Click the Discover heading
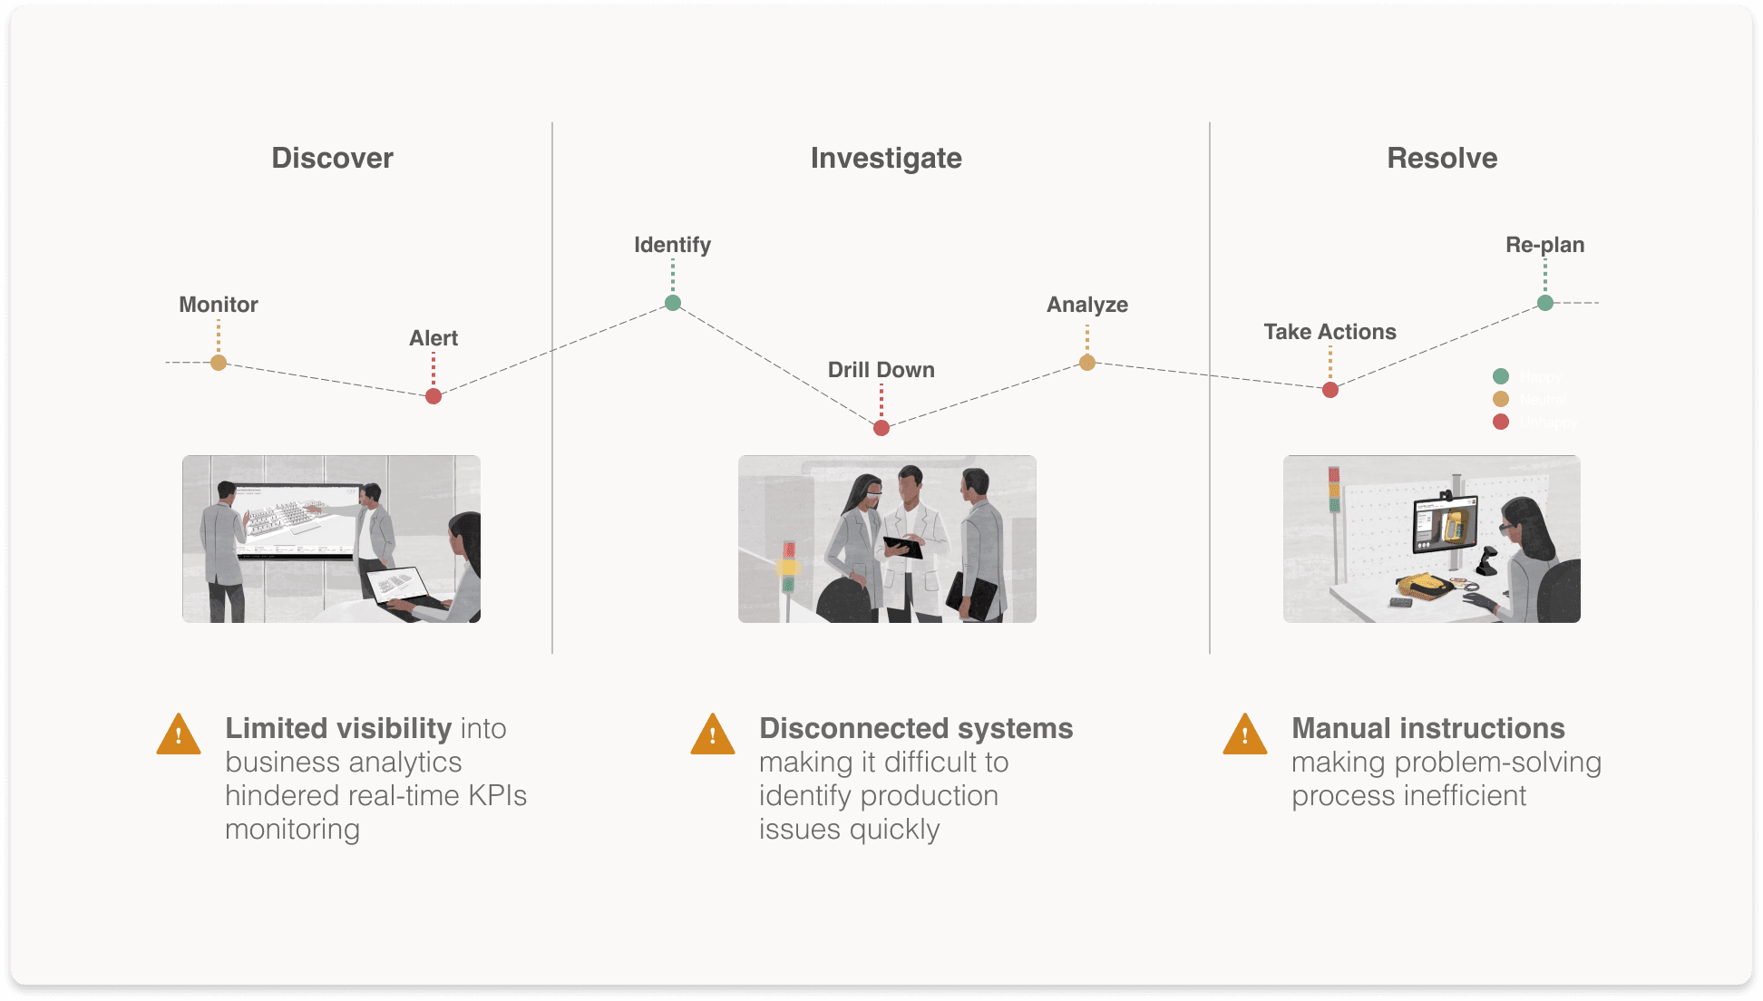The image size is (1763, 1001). point(332,158)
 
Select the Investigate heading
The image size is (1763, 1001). point(886,158)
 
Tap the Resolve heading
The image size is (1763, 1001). point(1442,158)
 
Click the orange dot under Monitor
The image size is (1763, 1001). point(219,363)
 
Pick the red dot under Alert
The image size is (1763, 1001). point(433,396)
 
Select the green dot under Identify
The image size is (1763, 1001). point(673,303)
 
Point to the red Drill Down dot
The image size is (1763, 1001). point(881,428)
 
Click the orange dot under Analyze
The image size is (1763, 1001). point(1087,363)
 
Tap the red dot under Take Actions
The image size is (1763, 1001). point(1330,390)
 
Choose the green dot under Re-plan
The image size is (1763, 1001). point(1545,303)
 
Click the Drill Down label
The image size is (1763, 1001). point(881,370)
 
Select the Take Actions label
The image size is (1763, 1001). point(1330,332)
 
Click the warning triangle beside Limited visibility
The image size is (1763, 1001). point(179,735)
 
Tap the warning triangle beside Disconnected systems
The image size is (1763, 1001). point(713,735)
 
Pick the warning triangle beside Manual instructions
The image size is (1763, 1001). point(1245,735)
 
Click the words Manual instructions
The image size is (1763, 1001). point(1427,728)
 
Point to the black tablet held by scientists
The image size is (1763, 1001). point(903,547)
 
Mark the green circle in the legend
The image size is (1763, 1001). point(1501,376)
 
